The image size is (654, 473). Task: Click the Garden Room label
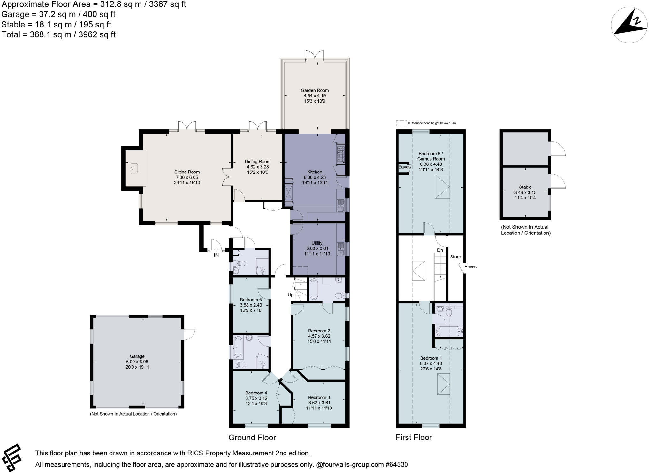click(x=315, y=90)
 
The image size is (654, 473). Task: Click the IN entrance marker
click(x=216, y=255)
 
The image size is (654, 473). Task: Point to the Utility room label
click(x=317, y=243)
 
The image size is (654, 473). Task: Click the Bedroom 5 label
click(x=251, y=300)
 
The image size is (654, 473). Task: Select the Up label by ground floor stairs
click(x=290, y=295)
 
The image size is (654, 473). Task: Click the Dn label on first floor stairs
click(x=440, y=250)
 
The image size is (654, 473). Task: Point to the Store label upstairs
click(x=455, y=257)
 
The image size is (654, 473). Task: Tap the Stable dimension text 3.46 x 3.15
click(x=525, y=193)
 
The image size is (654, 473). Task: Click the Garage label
click(x=137, y=356)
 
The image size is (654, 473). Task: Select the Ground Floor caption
click(x=252, y=438)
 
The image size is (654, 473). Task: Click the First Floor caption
click(x=414, y=438)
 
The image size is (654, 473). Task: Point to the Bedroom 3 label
click(x=319, y=397)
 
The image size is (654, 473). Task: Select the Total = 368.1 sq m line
click(x=58, y=34)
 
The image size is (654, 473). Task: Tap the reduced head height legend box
click(x=401, y=123)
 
